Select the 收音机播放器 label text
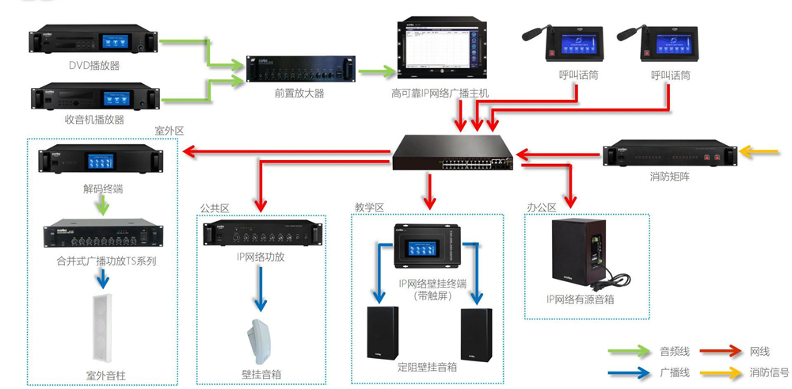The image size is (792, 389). click(94, 120)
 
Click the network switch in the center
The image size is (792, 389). click(452, 152)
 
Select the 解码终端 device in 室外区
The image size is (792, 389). click(104, 162)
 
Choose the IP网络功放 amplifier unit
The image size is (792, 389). click(263, 235)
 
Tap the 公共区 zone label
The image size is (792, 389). click(214, 208)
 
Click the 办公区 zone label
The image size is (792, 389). click(541, 208)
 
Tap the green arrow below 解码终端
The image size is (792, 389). click(101, 208)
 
